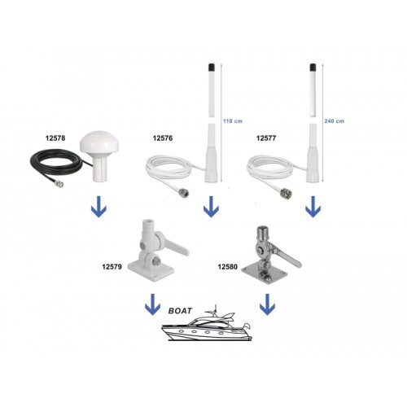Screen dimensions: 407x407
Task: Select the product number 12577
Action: [267, 139]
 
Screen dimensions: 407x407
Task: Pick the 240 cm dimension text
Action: [335, 120]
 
